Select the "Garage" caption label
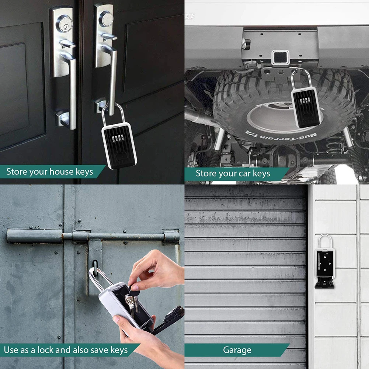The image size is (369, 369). (x=237, y=350)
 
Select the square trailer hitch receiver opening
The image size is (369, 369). (x=280, y=58)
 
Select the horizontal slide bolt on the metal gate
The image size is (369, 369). (x=92, y=236)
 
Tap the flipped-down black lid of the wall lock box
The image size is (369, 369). (x=324, y=283)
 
